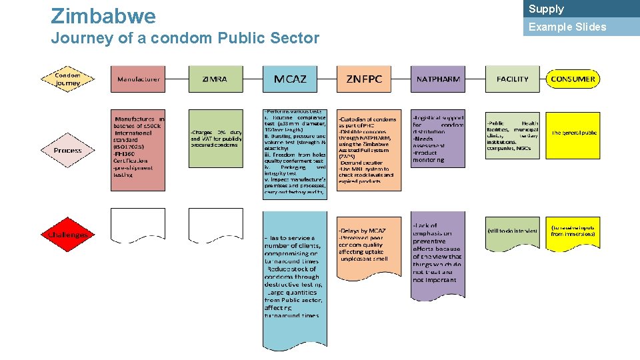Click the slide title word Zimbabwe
pos(103,15)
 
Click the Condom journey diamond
pos(67,79)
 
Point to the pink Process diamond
pos(67,151)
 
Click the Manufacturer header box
pos(138,79)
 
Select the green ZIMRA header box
pos(215,79)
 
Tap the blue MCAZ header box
pos(290,79)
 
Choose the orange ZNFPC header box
pos(364,79)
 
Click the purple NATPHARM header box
pos(438,79)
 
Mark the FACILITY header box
pos(512,79)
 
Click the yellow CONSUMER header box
pos(573,79)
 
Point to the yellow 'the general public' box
pos(573,133)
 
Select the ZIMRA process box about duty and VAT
pos(215,138)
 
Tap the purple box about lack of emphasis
pos(438,254)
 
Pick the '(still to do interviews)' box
pos(512,231)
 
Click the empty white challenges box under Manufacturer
pos(138,225)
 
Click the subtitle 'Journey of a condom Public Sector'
pos(185,39)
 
